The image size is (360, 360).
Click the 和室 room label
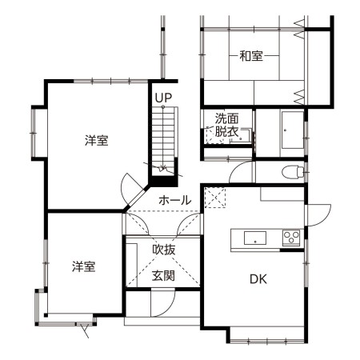coord(251,56)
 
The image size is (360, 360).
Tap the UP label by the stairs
coord(163,98)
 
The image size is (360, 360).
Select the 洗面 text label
coord(226,118)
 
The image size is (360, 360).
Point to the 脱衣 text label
coord(226,131)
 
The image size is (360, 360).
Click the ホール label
coord(175,200)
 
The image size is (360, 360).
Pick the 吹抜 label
coord(164,250)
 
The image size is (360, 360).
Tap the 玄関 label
coord(163,275)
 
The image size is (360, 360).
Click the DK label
coord(258,279)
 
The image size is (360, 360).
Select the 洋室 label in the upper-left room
coord(96,141)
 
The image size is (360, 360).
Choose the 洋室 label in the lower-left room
coord(83,266)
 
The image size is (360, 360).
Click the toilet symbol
coord(293,172)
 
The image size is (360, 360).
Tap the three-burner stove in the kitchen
coord(291,237)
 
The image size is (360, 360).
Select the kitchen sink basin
coord(255,238)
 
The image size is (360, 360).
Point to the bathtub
coord(293,130)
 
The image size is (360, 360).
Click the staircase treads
coord(162,138)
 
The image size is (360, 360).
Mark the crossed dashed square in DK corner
coord(215,198)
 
